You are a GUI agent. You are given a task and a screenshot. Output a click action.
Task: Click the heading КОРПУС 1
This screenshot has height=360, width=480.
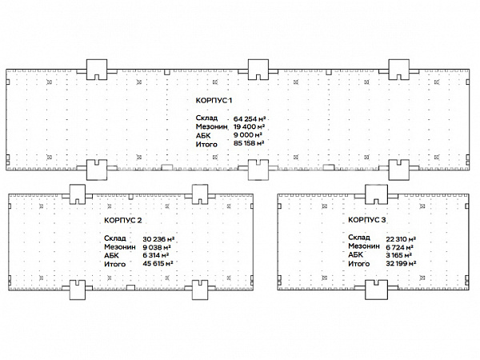[x=214, y=101]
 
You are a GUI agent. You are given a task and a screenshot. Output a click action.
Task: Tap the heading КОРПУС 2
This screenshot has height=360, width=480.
[x=122, y=221]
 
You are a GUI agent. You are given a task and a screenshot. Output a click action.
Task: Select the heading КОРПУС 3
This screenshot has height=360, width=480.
[x=366, y=220]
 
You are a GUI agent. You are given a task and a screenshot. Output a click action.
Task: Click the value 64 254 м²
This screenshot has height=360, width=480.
[x=250, y=118]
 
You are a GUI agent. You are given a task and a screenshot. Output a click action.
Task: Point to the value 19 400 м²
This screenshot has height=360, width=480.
[x=249, y=126]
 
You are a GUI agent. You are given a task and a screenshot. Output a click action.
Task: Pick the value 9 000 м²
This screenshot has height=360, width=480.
[x=248, y=135]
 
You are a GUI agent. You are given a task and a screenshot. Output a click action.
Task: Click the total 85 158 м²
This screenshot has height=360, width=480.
[x=249, y=143]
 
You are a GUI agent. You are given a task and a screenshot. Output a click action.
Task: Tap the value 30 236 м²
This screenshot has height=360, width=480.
[x=158, y=239]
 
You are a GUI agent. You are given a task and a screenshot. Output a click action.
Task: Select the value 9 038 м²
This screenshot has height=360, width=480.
[x=157, y=247]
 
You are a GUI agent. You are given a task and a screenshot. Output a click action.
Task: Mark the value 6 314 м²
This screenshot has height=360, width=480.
[x=156, y=255]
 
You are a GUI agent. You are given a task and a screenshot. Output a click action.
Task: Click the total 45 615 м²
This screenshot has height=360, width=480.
[x=158, y=263]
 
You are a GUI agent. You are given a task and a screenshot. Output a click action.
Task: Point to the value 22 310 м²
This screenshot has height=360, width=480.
[x=401, y=239]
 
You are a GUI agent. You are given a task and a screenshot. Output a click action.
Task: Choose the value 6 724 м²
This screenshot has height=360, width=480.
[x=400, y=247]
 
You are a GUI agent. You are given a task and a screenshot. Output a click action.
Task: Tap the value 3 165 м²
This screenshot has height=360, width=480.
[x=398, y=255]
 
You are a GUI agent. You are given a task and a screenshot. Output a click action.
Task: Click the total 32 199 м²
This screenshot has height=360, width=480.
[x=401, y=263]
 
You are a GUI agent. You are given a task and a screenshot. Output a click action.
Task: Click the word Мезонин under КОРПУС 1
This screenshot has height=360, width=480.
[x=211, y=126]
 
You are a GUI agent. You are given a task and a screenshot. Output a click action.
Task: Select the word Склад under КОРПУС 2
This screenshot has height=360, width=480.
[x=114, y=238]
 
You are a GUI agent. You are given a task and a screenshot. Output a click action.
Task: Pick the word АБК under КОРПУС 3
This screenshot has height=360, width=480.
[x=355, y=254]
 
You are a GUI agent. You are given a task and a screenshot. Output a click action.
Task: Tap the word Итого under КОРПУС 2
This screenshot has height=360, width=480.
[x=114, y=264]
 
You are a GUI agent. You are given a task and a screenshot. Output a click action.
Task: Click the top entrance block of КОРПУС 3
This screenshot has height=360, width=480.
[x=376, y=194]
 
